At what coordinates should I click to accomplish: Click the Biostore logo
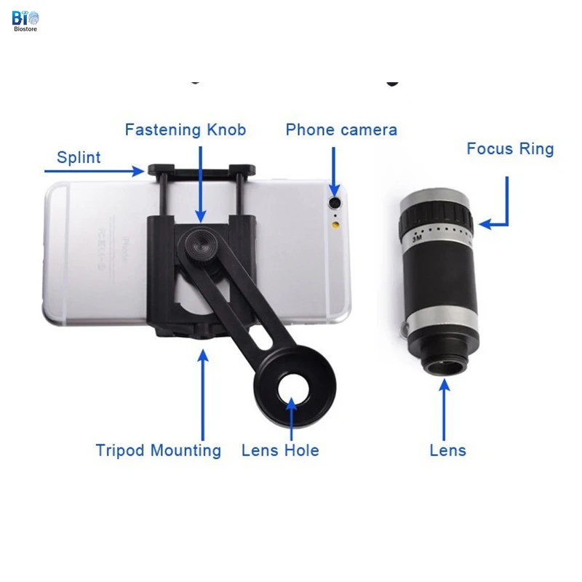point(25,21)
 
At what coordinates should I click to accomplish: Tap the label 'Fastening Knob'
point(186,130)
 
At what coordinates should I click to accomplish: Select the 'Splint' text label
point(79,157)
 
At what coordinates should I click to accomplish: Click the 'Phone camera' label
point(341,130)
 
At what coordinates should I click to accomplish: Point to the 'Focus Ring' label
point(510,149)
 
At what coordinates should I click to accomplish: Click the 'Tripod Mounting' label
point(158,450)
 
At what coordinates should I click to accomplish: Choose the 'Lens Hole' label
point(280,450)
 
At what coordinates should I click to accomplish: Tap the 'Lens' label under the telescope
point(447,450)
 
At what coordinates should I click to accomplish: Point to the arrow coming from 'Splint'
point(95,171)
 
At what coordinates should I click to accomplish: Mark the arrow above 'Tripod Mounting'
point(203,393)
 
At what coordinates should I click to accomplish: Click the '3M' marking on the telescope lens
point(417,237)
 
